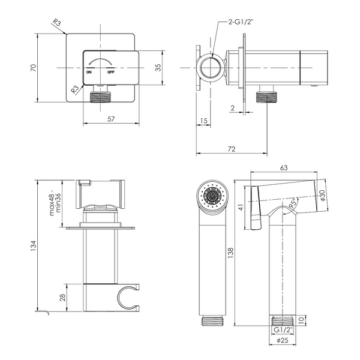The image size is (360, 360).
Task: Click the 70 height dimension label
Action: pos(34,68)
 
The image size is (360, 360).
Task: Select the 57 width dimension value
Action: pos(111,119)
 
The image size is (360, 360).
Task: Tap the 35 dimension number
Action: pos(158,67)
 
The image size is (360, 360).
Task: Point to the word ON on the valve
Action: pos(89,73)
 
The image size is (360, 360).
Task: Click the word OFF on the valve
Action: pos(110,73)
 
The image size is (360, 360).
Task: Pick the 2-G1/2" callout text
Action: pos(241,22)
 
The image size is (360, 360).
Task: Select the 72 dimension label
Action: pos(232,149)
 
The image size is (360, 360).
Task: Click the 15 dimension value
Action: pos(203,121)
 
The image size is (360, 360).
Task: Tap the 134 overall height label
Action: pos(34,245)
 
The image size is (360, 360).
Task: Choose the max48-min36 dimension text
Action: pos(55,203)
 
